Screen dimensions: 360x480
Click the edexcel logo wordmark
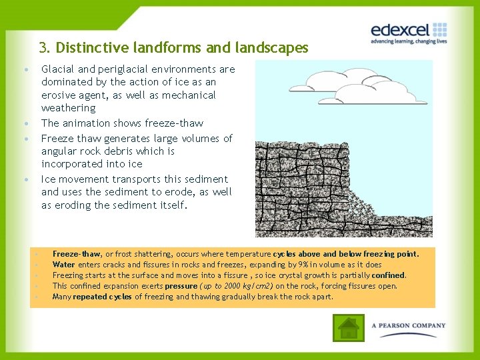click(x=401, y=30)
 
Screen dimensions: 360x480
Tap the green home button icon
click(x=349, y=327)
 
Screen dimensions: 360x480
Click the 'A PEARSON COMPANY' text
click(x=409, y=326)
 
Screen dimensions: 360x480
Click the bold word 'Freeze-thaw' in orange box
click(x=76, y=254)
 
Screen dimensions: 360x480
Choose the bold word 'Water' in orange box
click(x=64, y=265)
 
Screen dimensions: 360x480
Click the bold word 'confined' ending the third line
click(x=389, y=275)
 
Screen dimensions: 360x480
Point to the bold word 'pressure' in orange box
click(x=181, y=286)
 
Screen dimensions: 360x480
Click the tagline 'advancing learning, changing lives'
click(x=408, y=41)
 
